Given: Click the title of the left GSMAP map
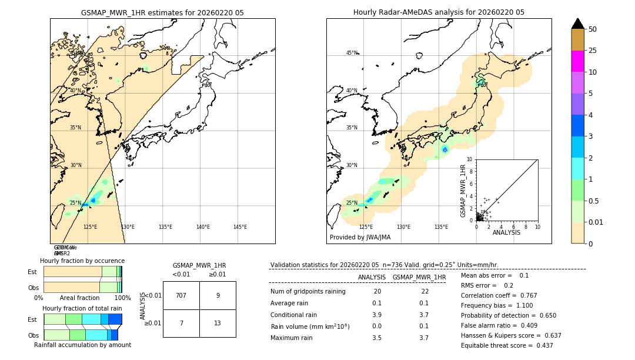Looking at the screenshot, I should [x=162, y=12].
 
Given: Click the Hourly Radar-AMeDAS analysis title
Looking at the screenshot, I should [x=439, y=12].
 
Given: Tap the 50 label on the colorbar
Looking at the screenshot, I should [x=593, y=29].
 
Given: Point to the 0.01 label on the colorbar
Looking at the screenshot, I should [x=596, y=222].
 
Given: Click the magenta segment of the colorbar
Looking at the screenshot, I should [x=578, y=61].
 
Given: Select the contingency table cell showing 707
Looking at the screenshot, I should [x=181, y=295].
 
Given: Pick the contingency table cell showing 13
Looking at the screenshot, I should [x=218, y=324].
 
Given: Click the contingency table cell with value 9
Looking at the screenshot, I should [x=218, y=295].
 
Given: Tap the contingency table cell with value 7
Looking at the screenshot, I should [x=181, y=324].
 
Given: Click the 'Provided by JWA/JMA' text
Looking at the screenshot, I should [x=360, y=238].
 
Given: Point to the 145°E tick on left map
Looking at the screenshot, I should [x=240, y=227].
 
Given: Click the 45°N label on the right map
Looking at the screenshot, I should [x=352, y=53].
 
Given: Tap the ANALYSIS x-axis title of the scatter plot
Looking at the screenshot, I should [x=506, y=232].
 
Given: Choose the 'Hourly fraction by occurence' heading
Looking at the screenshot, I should [x=82, y=261].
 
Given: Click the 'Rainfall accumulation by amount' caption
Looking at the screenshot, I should [x=82, y=345].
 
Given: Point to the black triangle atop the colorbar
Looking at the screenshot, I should [x=578, y=24].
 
